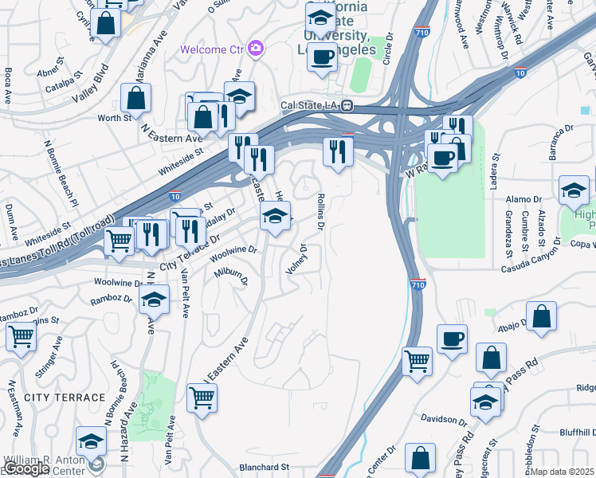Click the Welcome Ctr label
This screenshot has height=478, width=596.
213,49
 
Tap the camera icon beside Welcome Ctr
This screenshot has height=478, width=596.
256,49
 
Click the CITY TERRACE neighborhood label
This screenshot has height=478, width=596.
65,397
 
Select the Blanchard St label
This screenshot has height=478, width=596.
264,467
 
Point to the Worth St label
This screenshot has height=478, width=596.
115,118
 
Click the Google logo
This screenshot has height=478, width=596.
26,468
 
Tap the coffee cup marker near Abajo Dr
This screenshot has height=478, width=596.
452,339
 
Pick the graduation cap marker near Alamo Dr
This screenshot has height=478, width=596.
574,190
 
